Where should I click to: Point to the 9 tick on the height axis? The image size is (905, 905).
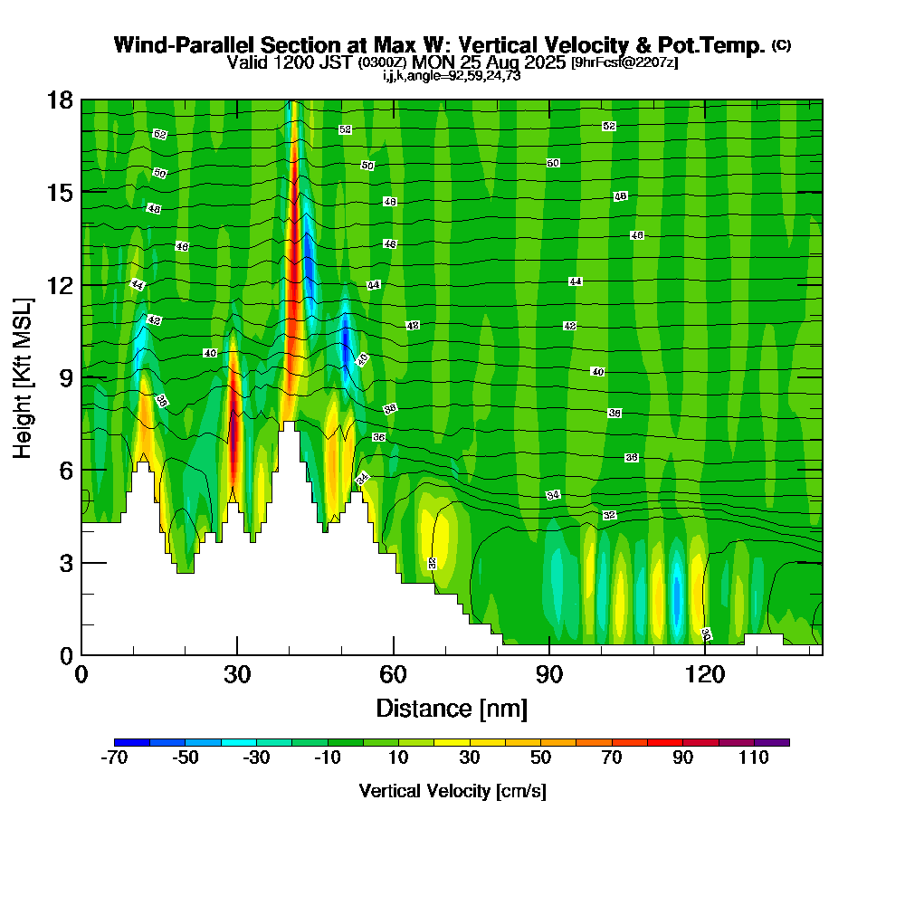[x=81, y=376]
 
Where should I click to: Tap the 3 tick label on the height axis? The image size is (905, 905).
[x=64, y=562]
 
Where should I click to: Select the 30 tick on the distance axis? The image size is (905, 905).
[x=237, y=654]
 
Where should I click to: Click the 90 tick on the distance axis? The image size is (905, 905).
[x=549, y=654]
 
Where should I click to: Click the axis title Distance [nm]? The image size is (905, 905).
[x=452, y=707]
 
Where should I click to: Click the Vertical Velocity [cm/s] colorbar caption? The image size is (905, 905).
[x=452, y=791]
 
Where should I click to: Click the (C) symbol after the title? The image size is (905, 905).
[x=782, y=45]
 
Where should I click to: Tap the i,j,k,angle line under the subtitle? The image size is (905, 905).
[x=452, y=76]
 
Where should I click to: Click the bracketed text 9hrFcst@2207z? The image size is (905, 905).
[x=624, y=63]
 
